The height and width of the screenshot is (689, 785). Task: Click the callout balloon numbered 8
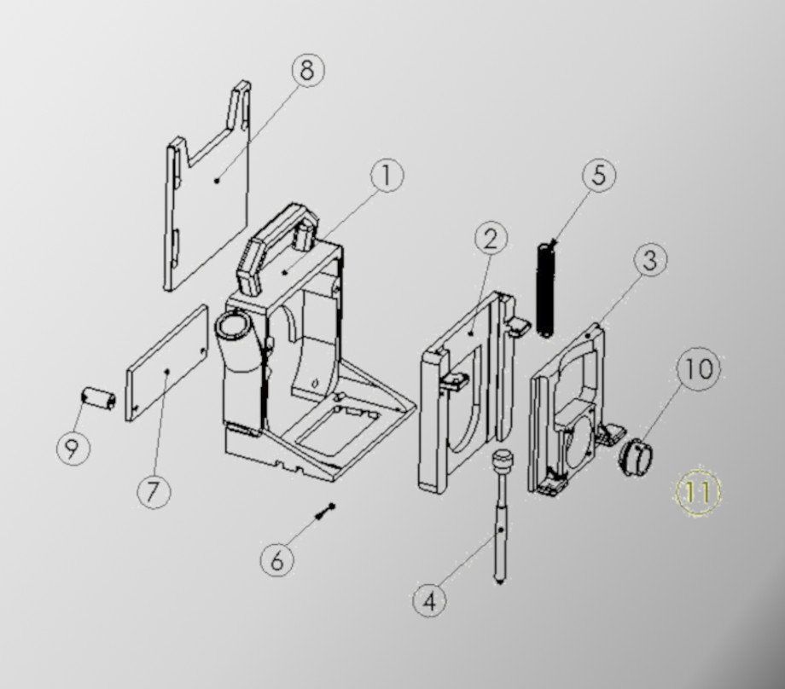pos(307,70)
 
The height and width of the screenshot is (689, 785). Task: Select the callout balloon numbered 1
pos(386,177)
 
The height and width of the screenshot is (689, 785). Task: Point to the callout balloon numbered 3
pos(650,260)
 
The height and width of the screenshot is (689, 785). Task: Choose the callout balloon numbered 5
pos(598,176)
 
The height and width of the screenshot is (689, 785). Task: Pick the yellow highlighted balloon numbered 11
pos(698,492)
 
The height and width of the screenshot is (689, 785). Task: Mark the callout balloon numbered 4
pos(429,599)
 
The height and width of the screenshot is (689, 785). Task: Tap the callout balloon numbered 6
pos(276,560)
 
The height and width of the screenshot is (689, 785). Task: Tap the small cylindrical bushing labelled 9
pos(98,398)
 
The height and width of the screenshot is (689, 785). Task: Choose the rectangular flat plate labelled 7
pos(168,362)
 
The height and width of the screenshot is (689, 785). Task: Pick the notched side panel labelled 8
pos(207,205)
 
